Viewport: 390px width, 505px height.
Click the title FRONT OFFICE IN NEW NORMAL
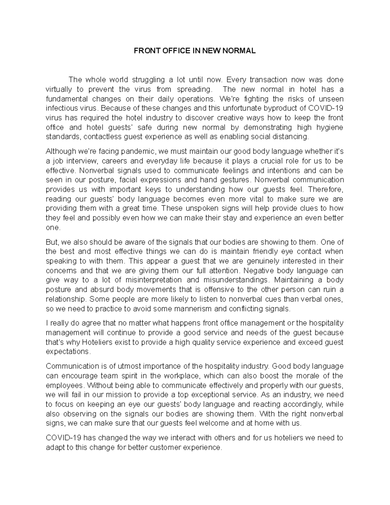coord(195,51)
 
